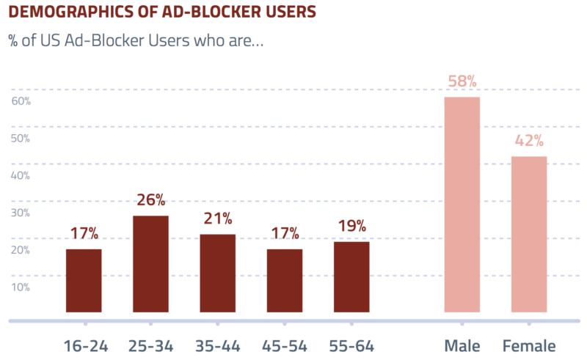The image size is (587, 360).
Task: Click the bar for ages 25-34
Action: click(150, 264)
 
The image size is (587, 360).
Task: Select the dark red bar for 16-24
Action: click(84, 281)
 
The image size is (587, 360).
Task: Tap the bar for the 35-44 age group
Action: click(217, 273)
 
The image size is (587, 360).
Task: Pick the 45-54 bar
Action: click(285, 281)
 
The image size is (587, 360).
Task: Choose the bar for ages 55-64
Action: click(351, 277)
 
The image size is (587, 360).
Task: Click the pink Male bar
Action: click(462, 205)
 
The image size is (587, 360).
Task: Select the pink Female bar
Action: click(529, 235)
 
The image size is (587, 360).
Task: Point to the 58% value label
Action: click(462, 81)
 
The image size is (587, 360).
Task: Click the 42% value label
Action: click(529, 141)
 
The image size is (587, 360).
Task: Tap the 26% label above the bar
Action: click(150, 200)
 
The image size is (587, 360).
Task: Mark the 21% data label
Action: click(217, 218)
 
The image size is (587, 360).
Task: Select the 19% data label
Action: click(352, 226)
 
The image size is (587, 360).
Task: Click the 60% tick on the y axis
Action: click(21, 101)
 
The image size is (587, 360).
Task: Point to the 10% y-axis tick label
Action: click(21, 287)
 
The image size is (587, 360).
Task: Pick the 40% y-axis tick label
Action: click(21, 175)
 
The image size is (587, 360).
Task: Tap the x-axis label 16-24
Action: click(86, 346)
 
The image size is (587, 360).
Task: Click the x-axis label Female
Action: click(529, 346)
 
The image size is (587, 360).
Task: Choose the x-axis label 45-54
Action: click(285, 346)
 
